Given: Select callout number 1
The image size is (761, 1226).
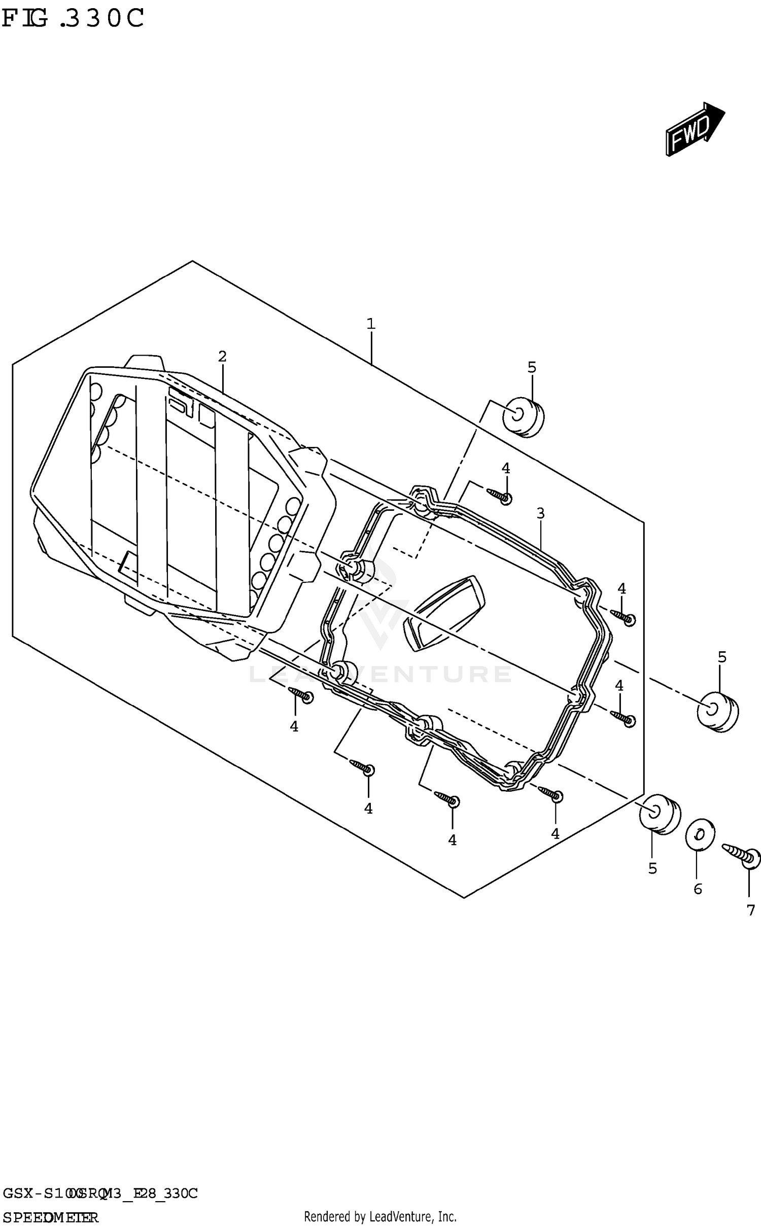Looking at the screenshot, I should [371, 324].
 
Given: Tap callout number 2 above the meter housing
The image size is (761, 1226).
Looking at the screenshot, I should [222, 357].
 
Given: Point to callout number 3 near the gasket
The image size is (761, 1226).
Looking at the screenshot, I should [541, 513].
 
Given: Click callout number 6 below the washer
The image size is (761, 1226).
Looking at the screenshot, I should [698, 889].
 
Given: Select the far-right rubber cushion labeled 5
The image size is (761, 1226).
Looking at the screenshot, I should [717, 712].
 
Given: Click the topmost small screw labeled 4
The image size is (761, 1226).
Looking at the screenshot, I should [500, 495].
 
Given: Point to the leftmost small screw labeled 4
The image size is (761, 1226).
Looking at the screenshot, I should [301, 694].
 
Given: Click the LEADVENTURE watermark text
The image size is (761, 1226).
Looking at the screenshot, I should [380, 674].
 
